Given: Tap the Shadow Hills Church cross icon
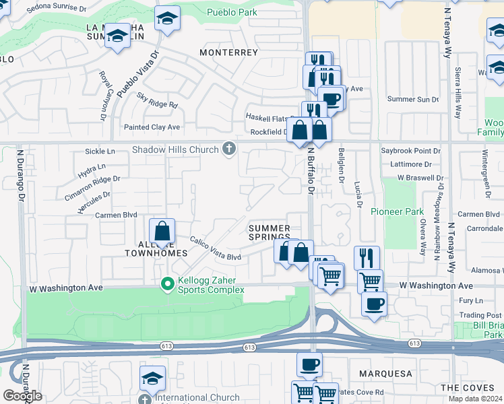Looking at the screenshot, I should point(229,149).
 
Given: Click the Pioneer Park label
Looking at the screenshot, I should point(397,211).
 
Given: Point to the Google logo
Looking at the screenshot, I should point(22,395).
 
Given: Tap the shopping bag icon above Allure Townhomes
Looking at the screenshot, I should point(162,231).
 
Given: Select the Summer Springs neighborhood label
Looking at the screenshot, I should point(269,233).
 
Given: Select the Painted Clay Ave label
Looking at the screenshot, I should point(152,127).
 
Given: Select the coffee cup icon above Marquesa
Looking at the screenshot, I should point(309,364).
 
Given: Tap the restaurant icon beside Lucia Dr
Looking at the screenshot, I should point(367,257).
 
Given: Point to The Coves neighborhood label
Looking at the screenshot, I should point(468,388).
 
